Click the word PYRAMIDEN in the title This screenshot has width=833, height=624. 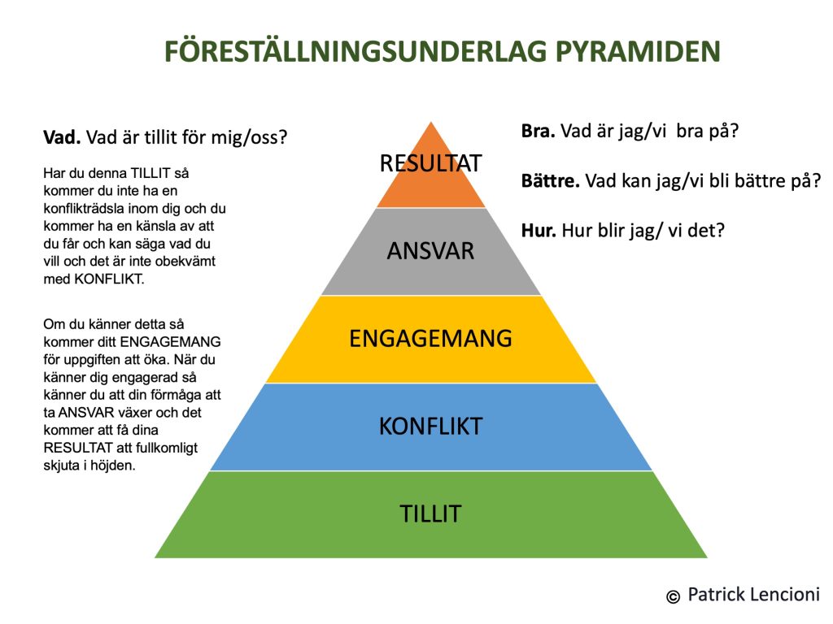point(638,51)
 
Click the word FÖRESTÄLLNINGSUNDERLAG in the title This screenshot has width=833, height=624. point(355,50)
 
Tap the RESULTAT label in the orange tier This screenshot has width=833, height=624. point(431,162)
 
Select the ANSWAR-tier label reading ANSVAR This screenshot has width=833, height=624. point(430,251)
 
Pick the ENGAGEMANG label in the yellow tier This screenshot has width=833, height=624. point(430,339)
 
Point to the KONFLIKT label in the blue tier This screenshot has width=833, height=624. point(431,426)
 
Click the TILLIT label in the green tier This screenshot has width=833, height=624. point(430,513)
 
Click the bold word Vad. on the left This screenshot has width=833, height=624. point(62,137)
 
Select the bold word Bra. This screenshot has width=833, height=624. point(539,131)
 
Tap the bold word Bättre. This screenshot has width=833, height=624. point(551,180)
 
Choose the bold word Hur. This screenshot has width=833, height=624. point(539,230)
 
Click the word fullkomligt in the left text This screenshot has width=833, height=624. point(167,448)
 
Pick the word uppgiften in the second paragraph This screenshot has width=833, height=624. point(90,360)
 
